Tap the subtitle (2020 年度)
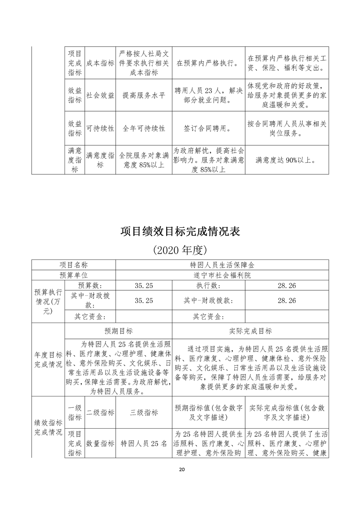click(180, 250)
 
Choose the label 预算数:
click(90, 285)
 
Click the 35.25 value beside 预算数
click(143, 285)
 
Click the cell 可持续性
click(100, 128)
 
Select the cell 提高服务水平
click(143, 95)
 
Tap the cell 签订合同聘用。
click(208, 128)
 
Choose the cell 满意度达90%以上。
click(286, 160)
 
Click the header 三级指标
click(143, 412)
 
